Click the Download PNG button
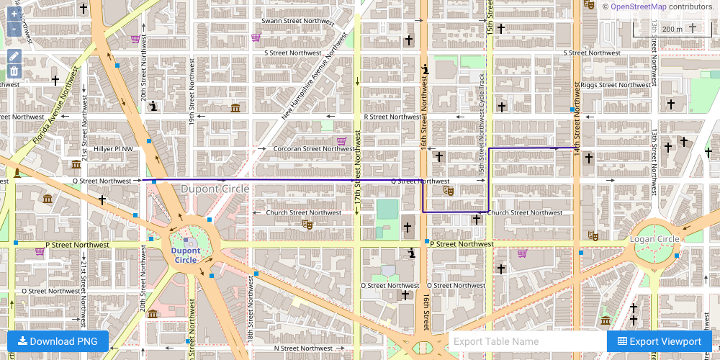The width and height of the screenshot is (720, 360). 58,341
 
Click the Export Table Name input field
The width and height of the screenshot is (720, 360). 527,341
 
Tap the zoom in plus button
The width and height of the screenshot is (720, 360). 14,14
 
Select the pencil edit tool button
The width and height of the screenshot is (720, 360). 14,56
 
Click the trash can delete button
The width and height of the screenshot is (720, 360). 14,71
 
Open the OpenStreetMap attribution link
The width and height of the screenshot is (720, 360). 638,6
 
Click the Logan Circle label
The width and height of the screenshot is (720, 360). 654,239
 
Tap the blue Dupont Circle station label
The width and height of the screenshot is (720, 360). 186,255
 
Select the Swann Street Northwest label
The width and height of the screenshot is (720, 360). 297,22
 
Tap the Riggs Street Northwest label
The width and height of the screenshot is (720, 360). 616,85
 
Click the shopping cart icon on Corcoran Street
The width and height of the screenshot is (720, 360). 341,140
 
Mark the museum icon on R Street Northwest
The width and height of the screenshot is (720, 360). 235,108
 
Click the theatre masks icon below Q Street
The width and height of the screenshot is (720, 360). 447,191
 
